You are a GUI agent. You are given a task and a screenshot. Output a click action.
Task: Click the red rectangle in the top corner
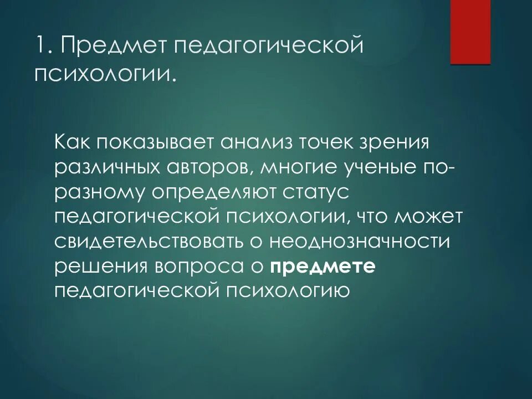click(470, 32)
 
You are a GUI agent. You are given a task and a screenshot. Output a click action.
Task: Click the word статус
click(314, 192)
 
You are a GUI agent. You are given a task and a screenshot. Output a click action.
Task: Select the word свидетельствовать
click(153, 241)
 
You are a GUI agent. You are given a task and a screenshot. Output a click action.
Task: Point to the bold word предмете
click(324, 266)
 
